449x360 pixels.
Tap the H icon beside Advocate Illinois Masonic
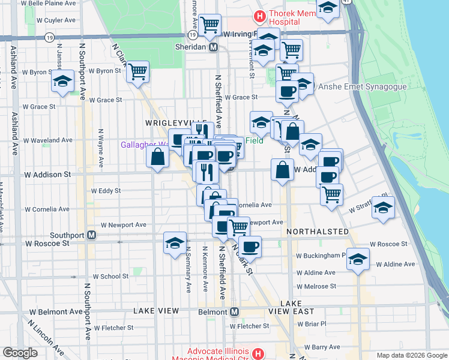tap(258, 353)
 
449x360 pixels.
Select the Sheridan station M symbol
tap(213, 47)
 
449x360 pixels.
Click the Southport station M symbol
tap(91, 235)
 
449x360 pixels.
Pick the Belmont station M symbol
tap(234, 312)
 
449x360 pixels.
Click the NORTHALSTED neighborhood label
tap(318, 232)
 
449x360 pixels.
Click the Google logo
tap(20, 353)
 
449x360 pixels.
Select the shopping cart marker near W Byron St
tap(138, 71)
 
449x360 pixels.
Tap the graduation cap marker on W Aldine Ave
tap(358, 259)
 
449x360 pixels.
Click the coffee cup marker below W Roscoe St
tap(250, 246)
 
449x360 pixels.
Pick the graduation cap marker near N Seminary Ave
tap(175, 242)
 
